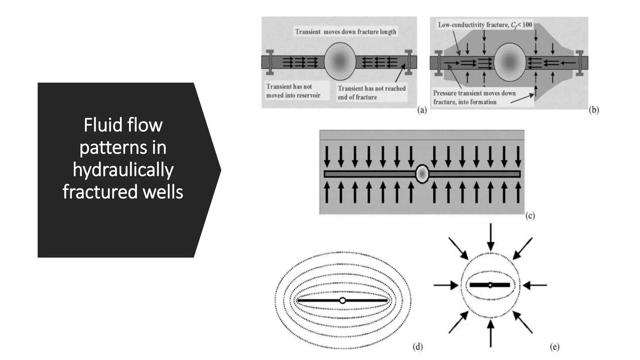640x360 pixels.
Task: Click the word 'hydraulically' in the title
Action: tap(123, 170)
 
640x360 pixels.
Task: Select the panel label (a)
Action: tap(422, 110)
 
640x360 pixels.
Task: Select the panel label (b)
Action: tap(593, 110)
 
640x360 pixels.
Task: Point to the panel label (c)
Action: tap(530, 216)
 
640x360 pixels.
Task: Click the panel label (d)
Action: tap(417, 347)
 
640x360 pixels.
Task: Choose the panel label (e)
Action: tap(554, 347)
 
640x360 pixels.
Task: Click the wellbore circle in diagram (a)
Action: tap(340, 61)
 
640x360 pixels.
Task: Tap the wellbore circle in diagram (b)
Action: tap(510, 62)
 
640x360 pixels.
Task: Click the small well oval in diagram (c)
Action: tap(422, 174)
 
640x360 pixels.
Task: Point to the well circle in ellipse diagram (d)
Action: tap(342, 300)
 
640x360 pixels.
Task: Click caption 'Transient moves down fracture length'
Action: tap(346, 32)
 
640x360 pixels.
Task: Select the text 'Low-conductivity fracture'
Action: tap(473, 25)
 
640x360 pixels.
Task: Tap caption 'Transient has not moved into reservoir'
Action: tap(293, 91)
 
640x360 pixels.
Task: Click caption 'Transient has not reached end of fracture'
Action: tap(372, 93)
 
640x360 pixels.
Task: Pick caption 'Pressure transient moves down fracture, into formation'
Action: tap(474, 97)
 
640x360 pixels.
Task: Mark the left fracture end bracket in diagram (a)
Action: tap(270, 62)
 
